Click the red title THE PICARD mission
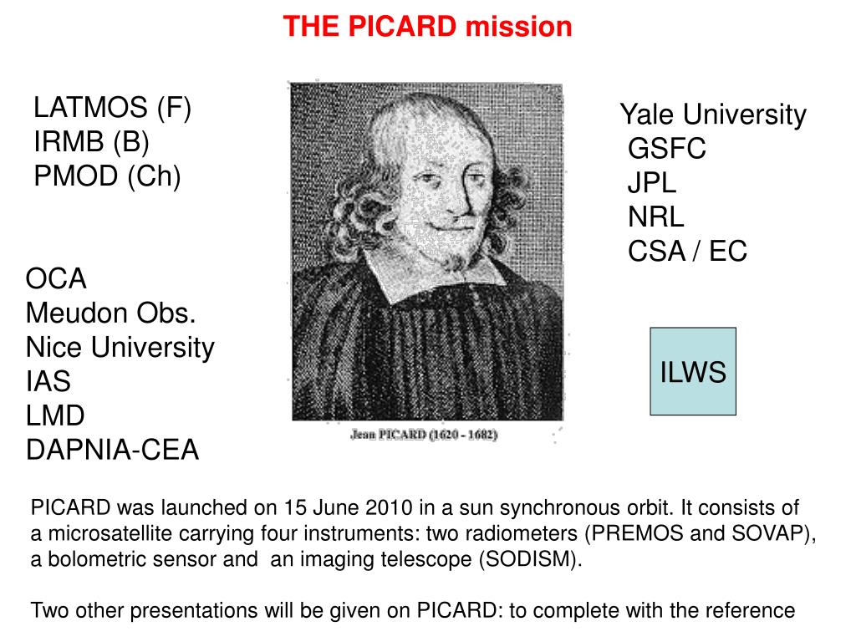click(x=427, y=27)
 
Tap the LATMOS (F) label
click(x=113, y=108)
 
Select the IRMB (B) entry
click(x=91, y=142)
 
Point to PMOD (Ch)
click(x=107, y=176)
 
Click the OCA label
click(x=56, y=278)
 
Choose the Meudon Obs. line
click(x=111, y=313)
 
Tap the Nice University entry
click(x=120, y=347)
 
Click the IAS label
click(x=48, y=382)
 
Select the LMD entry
click(x=55, y=416)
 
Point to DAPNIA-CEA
click(x=113, y=451)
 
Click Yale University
click(x=713, y=115)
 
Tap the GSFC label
click(x=667, y=150)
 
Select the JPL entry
click(x=652, y=183)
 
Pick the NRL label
click(x=656, y=217)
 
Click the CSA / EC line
click(x=688, y=252)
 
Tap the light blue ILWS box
click(x=693, y=372)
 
